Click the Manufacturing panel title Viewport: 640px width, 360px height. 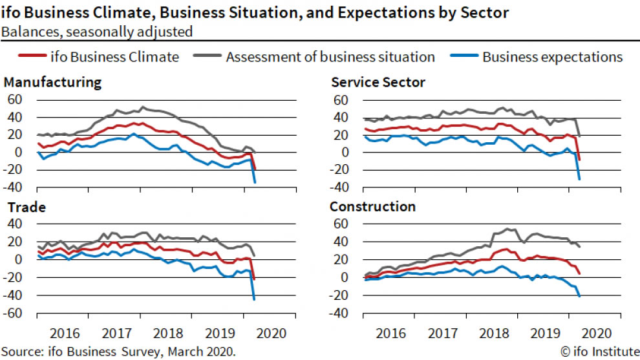click(x=52, y=83)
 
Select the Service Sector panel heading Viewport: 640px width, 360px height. click(x=378, y=83)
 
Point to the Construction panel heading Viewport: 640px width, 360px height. click(x=372, y=207)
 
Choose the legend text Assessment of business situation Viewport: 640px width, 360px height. click(x=330, y=57)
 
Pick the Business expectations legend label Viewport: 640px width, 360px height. click(x=552, y=57)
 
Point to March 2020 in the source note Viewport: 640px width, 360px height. click(x=202, y=352)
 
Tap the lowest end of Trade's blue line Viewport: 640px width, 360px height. click(x=254, y=299)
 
